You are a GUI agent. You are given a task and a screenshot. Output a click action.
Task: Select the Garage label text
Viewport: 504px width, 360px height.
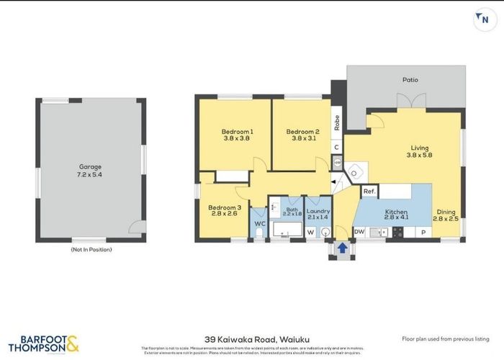tap(89, 166)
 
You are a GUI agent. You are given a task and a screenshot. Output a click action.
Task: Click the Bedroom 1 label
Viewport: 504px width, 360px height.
tap(237, 132)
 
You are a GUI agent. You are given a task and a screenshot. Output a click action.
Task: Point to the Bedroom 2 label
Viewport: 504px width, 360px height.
tap(302, 132)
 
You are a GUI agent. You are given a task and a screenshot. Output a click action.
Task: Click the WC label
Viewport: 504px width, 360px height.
tap(259, 224)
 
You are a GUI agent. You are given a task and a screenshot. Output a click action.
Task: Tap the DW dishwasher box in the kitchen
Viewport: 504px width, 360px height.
tap(359, 232)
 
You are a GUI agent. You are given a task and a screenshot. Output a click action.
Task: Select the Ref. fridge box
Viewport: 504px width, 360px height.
tap(369, 192)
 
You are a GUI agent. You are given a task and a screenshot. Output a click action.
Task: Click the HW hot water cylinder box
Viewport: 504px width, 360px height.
tap(338, 163)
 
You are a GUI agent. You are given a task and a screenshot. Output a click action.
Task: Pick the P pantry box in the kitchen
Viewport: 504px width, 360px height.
tap(423, 232)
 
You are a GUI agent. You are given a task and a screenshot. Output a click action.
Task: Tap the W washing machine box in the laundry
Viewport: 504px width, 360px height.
tap(311, 232)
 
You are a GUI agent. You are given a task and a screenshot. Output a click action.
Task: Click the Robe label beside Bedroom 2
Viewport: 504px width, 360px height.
tap(336, 122)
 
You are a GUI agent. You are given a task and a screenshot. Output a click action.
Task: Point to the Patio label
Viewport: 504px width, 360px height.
tap(410, 80)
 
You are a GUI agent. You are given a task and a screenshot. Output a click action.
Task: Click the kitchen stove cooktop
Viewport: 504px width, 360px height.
tap(397, 232)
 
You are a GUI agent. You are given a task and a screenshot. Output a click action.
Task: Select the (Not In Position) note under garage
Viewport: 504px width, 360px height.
tap(91, 249)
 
